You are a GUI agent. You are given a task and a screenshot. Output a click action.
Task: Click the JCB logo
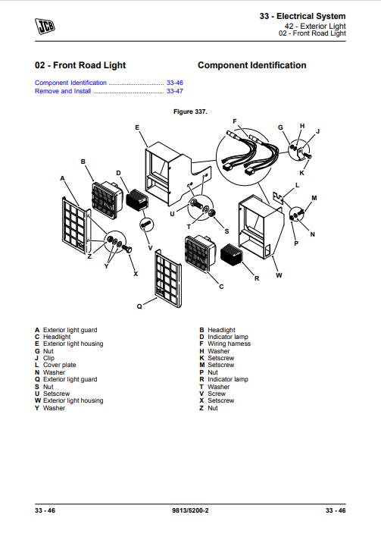coord(45,27)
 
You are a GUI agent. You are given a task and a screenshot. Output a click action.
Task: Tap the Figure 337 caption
coord(190,111)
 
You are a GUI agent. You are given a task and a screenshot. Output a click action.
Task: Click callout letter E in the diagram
coord(137,127)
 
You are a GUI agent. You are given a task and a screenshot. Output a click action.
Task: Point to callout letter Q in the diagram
coord(139,306)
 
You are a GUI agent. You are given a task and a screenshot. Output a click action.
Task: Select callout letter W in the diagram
coord(279,275)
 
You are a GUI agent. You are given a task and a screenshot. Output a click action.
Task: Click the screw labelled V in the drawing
coord(145,224)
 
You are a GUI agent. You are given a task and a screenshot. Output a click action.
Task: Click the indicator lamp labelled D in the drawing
coord(136,200)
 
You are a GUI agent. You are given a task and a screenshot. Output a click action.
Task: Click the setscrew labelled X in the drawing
coord(127,249)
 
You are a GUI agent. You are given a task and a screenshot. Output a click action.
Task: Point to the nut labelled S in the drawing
coord(212,212)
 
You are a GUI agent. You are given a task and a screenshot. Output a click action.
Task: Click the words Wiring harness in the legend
coord(229,344)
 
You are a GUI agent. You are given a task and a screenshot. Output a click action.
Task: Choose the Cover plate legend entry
coord(60,365)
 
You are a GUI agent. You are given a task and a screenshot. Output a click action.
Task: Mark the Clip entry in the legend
coord(48,358)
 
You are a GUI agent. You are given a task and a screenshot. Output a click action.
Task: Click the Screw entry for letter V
coord(217,394)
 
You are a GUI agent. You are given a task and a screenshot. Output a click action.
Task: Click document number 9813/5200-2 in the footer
coord(190,510)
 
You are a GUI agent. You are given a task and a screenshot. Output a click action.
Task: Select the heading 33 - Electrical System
coord(302,16)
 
